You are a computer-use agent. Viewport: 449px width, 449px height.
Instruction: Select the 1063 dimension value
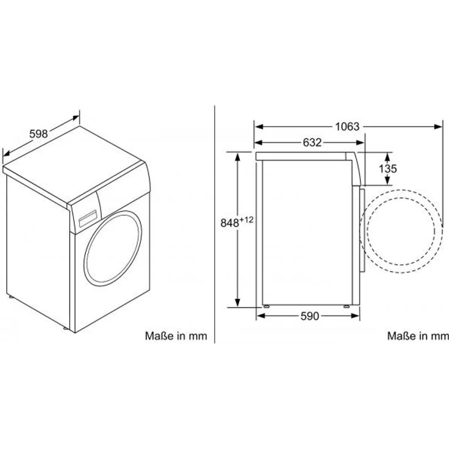click(347, 127)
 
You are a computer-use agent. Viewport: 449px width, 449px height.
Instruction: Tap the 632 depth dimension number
click(312, 143)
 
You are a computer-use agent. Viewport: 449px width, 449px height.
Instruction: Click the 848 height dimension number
click(229, 223)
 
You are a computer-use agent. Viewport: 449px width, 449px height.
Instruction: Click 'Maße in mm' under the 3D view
click(176, 336)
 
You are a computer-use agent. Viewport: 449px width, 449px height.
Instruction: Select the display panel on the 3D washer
click(87, 217)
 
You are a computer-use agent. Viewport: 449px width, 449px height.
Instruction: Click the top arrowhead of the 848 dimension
click(237, 154)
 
